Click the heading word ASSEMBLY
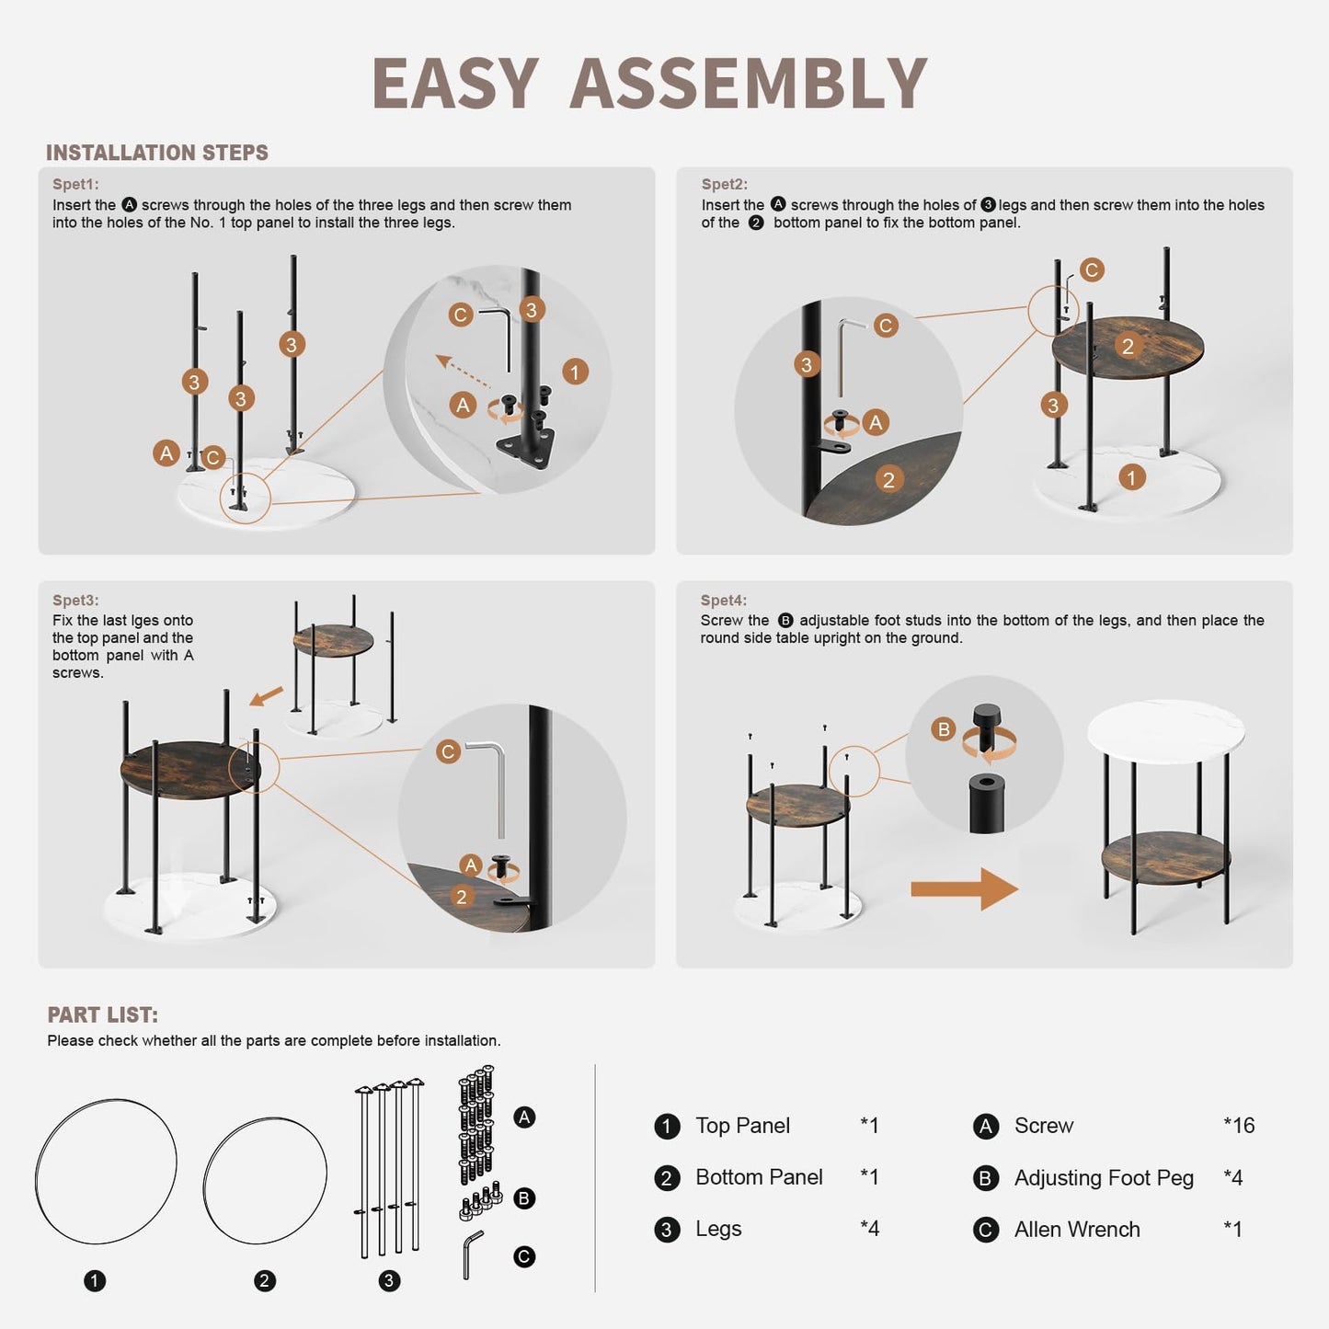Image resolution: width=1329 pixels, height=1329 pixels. pos(748,84)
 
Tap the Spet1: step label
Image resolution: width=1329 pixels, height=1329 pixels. pos(75,184)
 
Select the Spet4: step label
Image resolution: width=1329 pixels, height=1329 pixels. pos(724,600)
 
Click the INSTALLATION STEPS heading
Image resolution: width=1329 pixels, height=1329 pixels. pos(157,153)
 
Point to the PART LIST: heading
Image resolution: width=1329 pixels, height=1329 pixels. pos(103,1014)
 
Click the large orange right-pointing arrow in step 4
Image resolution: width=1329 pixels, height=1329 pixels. pos(964,889)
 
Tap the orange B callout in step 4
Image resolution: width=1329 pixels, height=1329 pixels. pos(944,729)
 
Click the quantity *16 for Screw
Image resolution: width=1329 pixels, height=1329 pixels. pos(1239,1125)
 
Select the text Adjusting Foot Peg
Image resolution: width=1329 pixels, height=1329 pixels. pos(1104,1177)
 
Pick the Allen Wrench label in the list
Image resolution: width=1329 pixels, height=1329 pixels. pos(1077,1229)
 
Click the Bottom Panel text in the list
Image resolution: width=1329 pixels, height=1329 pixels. pos(759,1176)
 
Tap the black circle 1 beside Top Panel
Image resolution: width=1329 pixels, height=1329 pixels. pos(666,1127)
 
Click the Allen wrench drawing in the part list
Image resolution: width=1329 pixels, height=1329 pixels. pos(473,1255)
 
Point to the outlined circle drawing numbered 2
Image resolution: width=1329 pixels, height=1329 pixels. pos(265,1181)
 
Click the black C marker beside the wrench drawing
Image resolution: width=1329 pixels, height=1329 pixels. pos(523,1256)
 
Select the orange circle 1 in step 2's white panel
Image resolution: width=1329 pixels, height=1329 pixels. pos(1131,477)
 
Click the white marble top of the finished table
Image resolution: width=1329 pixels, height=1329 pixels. pos(1165,731)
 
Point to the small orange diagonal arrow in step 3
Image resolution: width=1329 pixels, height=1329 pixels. pos(266,696)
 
